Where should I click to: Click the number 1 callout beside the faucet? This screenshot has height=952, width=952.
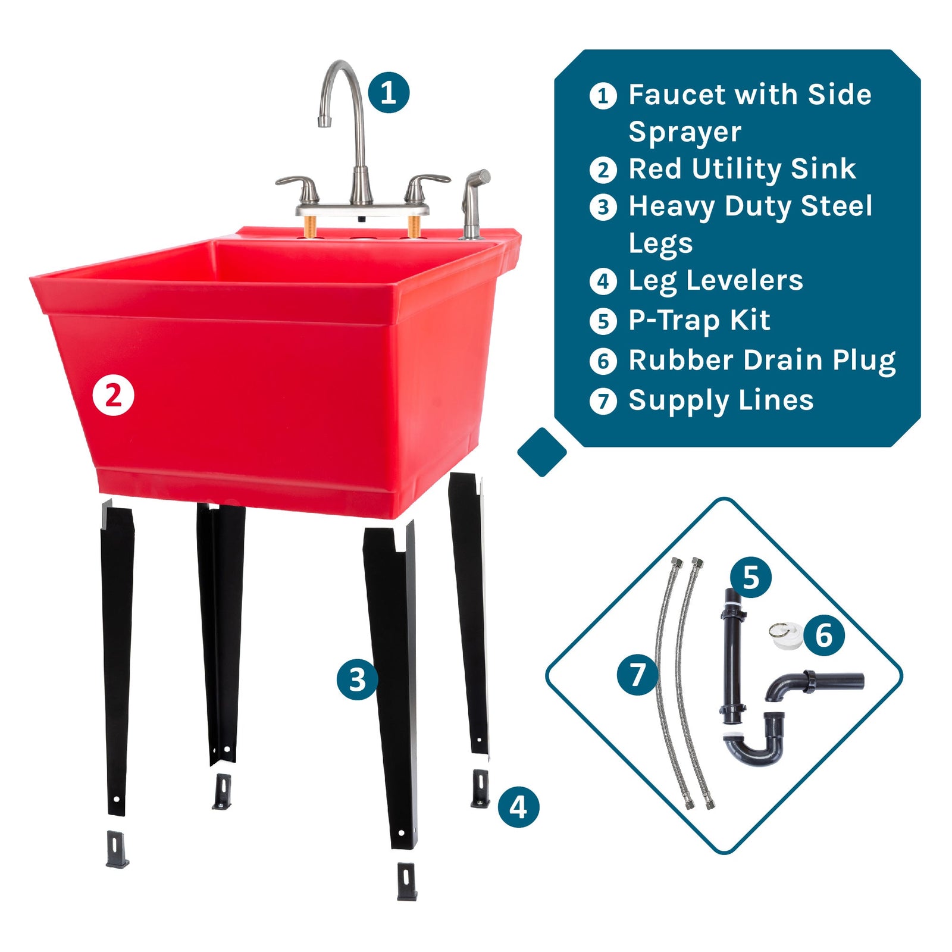point(389,92)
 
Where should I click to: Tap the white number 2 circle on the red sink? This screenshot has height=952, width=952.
point(113,396)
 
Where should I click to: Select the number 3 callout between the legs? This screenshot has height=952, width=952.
point(357,679)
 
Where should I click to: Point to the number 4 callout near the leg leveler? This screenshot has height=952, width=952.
point(518,807)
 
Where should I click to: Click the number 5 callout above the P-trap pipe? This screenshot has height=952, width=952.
point(751,577)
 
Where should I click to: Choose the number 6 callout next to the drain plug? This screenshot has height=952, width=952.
point(824,635)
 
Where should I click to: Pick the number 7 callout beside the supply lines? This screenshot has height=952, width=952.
point(638,674)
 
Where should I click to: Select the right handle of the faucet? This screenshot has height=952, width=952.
point(427,181)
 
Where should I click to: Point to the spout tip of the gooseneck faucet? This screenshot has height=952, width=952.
point(324,121)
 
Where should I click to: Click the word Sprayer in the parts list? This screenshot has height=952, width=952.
point(685,132)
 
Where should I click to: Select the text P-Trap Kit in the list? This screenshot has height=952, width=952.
point(699,321)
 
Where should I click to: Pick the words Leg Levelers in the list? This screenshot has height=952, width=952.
point(716,281)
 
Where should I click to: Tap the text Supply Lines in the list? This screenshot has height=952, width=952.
point(721,400)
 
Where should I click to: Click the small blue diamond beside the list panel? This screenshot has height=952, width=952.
point(542,452)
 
